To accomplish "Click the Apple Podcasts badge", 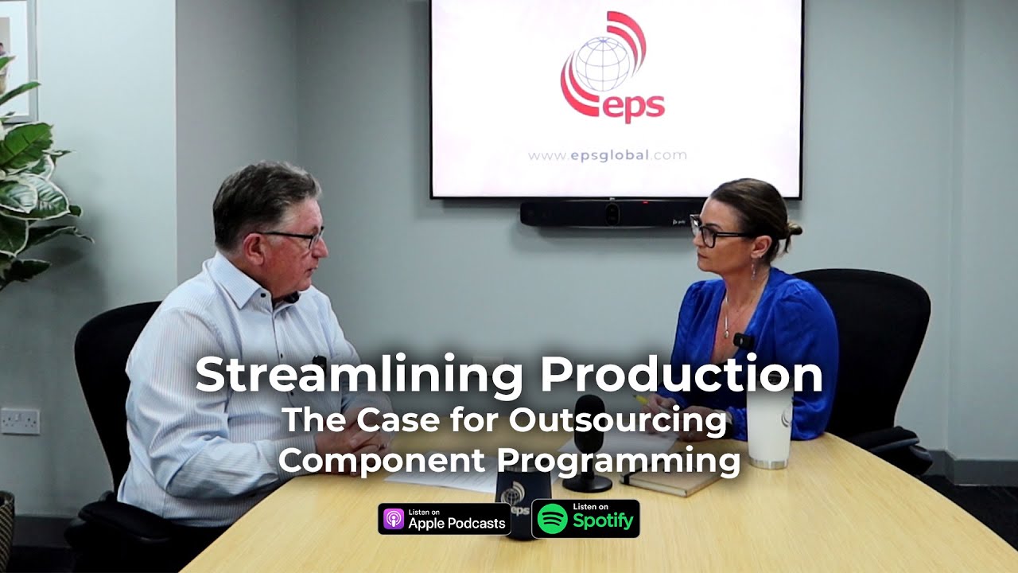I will [445, 519].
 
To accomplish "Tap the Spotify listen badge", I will [585, 519].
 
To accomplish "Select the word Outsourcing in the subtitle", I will [618, 420].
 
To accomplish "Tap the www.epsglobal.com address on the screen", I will [607, 155].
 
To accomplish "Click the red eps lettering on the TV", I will [632, 107].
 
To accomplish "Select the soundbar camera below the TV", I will [611, 213].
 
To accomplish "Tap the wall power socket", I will [20, 420].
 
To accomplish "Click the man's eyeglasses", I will [298, 237].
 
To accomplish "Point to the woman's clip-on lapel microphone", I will [743, 341].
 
